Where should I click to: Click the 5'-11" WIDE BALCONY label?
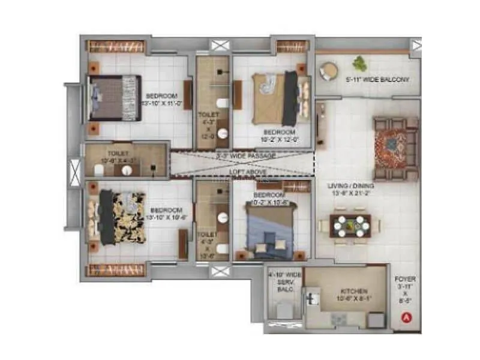377,79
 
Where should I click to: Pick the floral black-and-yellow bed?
121,217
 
